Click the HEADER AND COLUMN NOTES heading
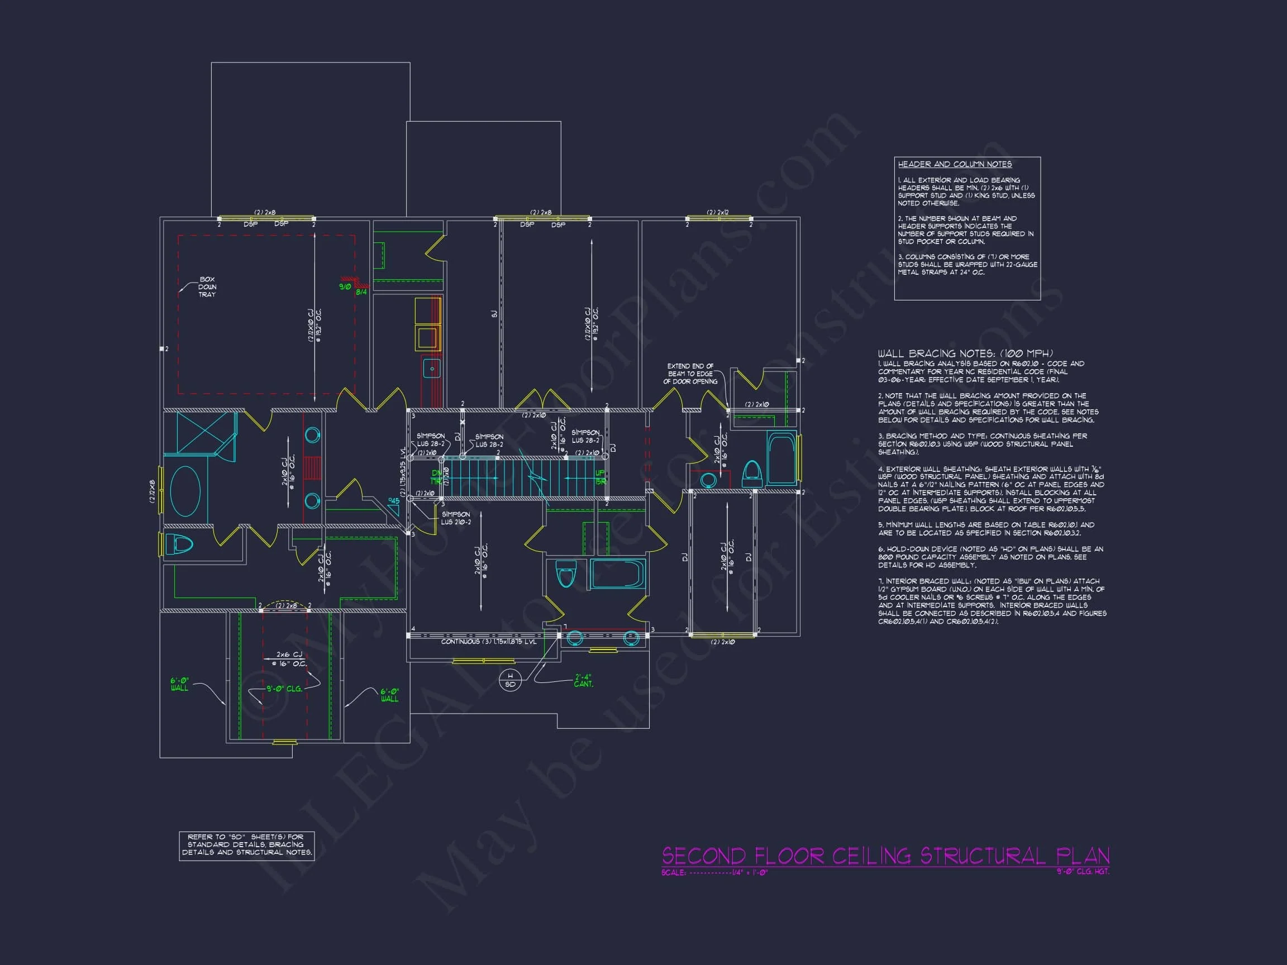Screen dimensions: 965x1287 pyautogui.click(x=954, y=165)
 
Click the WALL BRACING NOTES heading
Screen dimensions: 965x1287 pyautogui.click(x=965, y=353)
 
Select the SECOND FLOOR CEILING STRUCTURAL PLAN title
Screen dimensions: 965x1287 pyautogui.click(x=885, y=856)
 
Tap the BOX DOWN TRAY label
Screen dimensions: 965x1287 pyautogui.click(x=207, y=287)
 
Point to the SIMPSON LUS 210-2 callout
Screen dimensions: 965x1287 pyautogui.click(x=456, y=518)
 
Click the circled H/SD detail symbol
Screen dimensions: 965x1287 pyautogui.click(x=510, y=680)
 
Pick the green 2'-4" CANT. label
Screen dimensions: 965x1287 pyautogui.click(x=583, y=681)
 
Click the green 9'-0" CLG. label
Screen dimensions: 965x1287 pyautogui.click(x=284, y=689)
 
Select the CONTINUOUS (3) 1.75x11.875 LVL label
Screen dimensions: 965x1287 pyautogui.click(x=489, y=642)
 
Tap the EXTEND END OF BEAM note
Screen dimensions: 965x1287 pyautogui.click(x=690, y=374)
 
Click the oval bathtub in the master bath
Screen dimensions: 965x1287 pyautogui.click(x=185, y=491)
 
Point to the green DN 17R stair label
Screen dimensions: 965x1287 pyautogui.click(x=436, y=477)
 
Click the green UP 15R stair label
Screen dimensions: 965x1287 pyautogui.click(x=600, y=477)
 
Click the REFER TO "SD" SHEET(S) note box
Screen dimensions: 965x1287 pyautogui.click(x=247, y=844)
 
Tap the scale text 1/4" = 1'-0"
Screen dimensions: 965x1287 pyautogui.click(x=750, y=872)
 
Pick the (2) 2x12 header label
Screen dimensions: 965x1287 pyautogui.click(x=717, y=213)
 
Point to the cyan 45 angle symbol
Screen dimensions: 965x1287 pyautogui.click(x=394, y=506)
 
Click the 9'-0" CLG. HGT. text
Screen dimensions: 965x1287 pyautogui.click(x=1083, y=871)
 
